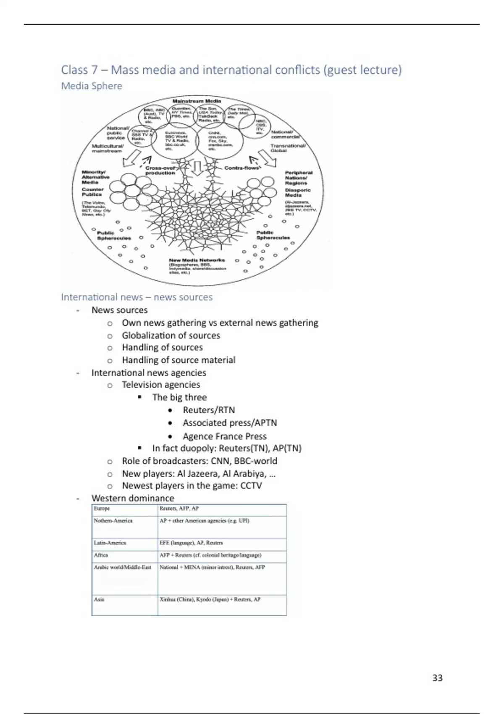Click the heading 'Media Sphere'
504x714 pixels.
(92, 86)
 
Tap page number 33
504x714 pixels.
(437, 678)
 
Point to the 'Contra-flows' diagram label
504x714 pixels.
(241, 168)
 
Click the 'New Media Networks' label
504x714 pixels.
(197, 260)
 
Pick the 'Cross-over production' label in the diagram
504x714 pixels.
(160, 171)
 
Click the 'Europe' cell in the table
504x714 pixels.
(102, 509)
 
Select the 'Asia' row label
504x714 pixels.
(99, 599)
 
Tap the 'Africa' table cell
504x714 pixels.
(101, 555)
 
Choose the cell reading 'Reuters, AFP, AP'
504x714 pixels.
(179, 509)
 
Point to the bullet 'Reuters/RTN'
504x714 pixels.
(209, 410)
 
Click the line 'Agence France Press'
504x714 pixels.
(224, 436)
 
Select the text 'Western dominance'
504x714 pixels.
(133, 498)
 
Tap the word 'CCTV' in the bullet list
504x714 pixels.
(251, 486)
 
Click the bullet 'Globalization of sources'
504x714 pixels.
(171, 335)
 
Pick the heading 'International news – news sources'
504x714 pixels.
(137, 297)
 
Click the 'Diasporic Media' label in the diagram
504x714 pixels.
(297, 192)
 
